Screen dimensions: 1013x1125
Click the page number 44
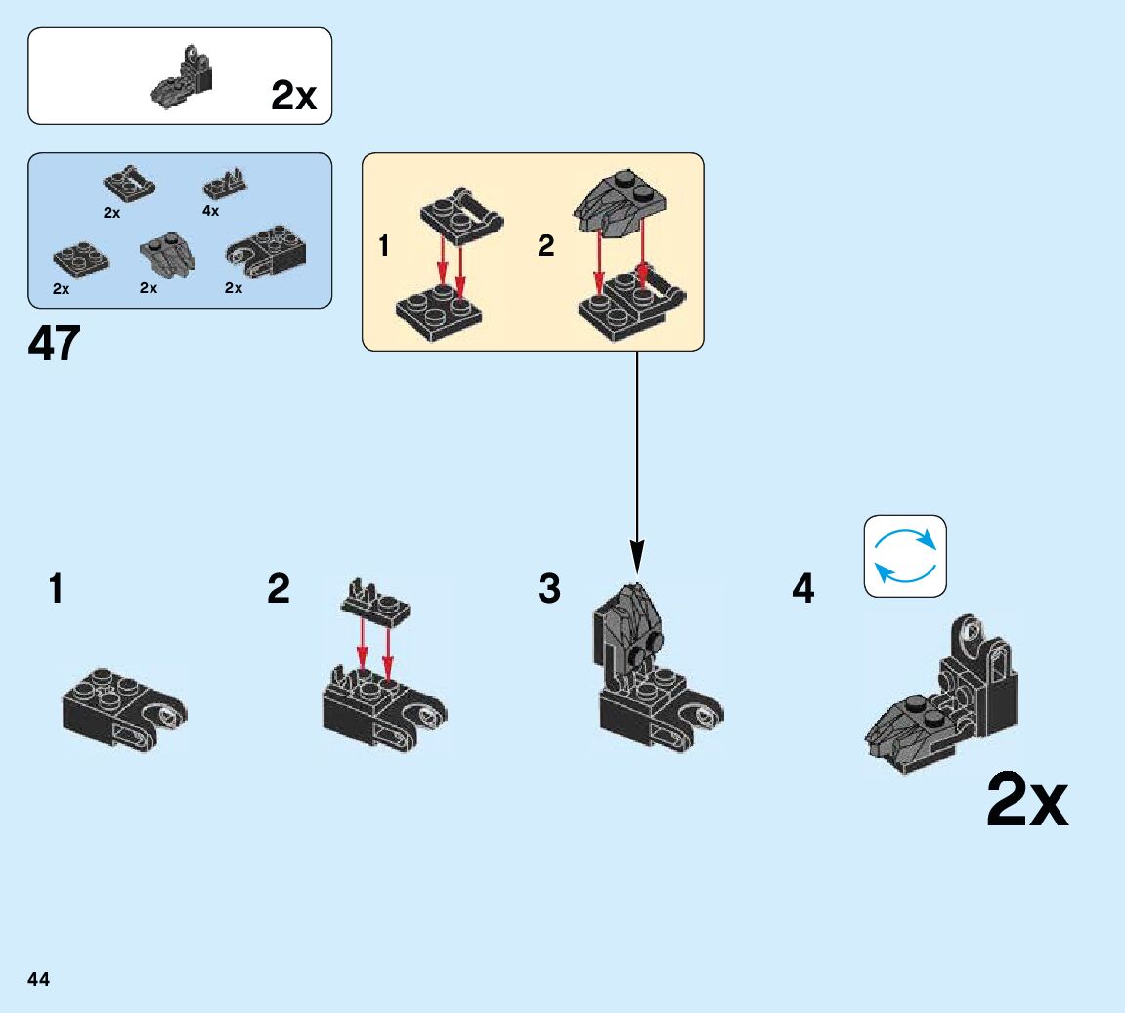tap(39, 979)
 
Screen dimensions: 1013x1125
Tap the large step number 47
tap(55, 344)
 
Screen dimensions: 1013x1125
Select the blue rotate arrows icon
tap(905, 556)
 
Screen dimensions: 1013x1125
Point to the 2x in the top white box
tap(293, 96)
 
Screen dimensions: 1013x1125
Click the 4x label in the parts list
tap(211, 211)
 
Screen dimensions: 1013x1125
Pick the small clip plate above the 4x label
tap(225, 184)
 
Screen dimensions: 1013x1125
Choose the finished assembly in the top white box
tap(184, 78)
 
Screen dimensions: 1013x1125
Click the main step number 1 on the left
tap(57, 590)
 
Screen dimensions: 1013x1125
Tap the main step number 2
tap(279, 590)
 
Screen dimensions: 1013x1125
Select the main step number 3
tap(549, 590)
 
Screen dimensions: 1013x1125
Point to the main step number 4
tap(802, 590)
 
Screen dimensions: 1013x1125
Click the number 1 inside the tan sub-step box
tap(384, 246)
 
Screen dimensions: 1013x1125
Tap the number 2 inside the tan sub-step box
tap(545, 246)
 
